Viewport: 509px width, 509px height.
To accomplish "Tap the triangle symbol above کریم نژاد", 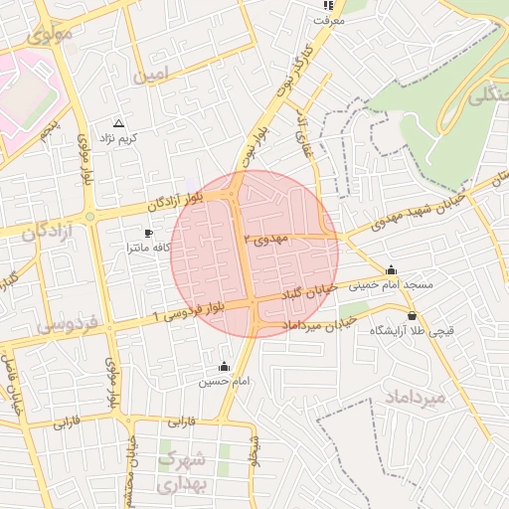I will [119, 124].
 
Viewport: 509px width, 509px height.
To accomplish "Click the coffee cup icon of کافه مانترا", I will [149, 233].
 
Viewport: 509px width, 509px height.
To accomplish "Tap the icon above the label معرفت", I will [328, 5].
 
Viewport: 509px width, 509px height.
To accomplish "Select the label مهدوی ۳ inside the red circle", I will [271, 240].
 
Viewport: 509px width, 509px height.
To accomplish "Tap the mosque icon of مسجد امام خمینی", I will [391, 269].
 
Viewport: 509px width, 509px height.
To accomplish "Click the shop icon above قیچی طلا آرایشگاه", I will [412, 315].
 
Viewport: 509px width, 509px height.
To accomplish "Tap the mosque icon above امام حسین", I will [223, 366].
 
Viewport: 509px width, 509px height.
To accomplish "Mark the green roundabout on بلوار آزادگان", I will [89, 216].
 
